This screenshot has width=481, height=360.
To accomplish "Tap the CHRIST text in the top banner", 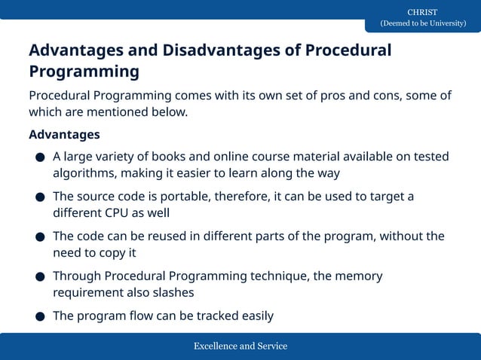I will point(422,12).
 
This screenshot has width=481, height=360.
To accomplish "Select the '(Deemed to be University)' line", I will point(422,23).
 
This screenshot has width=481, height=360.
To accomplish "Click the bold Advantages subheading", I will point(64,135).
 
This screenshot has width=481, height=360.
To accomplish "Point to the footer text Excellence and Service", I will point(240,346).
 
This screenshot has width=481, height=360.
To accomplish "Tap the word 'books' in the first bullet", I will point(170,157).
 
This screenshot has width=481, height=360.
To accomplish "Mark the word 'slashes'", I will point(172,293).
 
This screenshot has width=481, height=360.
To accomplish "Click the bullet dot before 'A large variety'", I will point(39,158).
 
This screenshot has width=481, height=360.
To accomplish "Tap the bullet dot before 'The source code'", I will point(39,198).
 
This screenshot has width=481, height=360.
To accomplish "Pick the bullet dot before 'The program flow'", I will point(39,317).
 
